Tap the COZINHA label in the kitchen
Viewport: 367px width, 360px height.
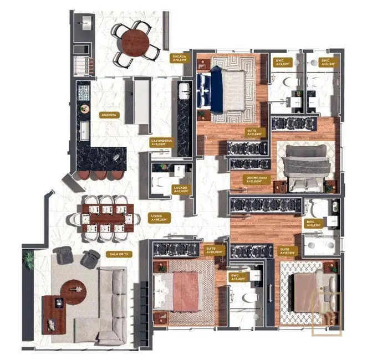pos(108,115)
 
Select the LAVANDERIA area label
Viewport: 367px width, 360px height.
pos(161,143)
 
